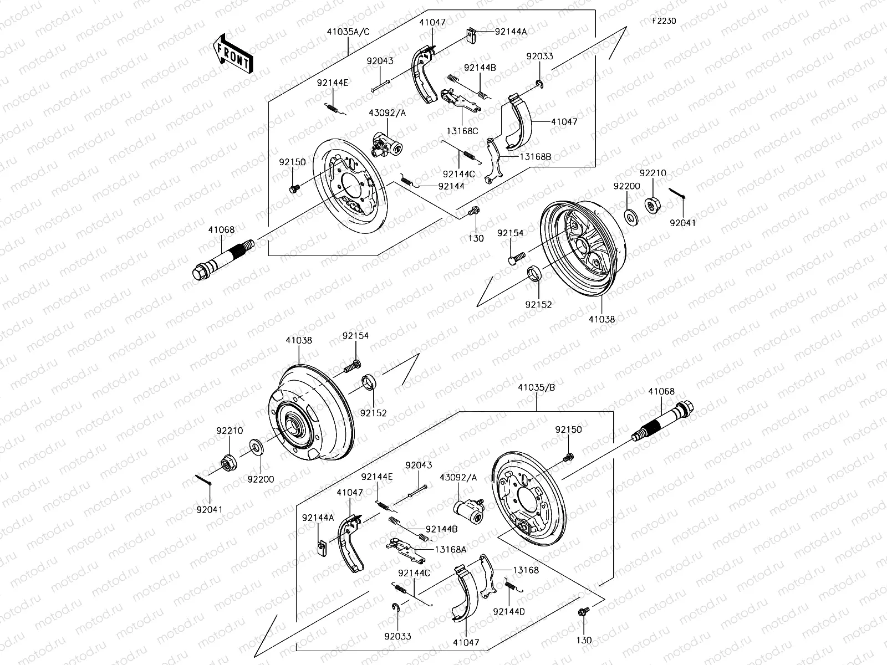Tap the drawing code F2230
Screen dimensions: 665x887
pyautogui.click(x=664, y=21)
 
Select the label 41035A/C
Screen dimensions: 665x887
pyautogui.click(x=349, y=32)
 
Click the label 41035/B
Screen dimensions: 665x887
pyautogui.click(x=536, y=388)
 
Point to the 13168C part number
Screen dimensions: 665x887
pyautogui.click(x=462, y=131)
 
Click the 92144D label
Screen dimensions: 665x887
pyautogui.click(x=508, y=611)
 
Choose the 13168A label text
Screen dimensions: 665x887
pyautogui.click(x=451, y=549)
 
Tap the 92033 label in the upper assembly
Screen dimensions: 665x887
pyautogui.click(x=539, y=57)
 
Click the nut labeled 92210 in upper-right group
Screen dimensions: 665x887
pyautogui.click(x=652, y=204)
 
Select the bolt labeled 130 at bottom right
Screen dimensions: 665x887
pyautogui.click(x=583, y=612)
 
